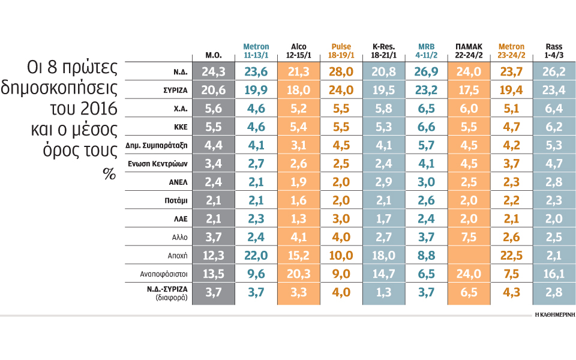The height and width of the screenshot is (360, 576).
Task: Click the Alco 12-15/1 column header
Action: tap(298, 50)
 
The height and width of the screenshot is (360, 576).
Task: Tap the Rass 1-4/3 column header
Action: tap(554, 50)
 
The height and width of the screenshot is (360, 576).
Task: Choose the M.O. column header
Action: tap(214, 55)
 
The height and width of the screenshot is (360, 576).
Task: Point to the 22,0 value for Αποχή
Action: tap(256, 256)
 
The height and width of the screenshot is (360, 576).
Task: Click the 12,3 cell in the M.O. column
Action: tap(214, 256)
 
